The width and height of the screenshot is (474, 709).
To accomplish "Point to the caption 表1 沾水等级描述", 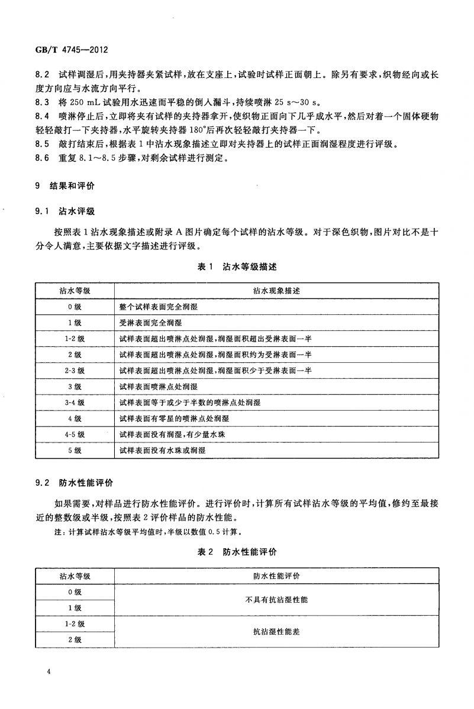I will pos(237,266).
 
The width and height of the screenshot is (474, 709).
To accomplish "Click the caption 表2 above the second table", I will pos(205,552).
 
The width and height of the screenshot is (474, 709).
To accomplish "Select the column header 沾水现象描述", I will pos(276,291).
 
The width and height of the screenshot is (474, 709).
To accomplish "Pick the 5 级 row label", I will pos(75,450).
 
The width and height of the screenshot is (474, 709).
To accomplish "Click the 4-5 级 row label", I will pos(75,434).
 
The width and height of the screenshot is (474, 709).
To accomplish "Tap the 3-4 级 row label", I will pos(75,402).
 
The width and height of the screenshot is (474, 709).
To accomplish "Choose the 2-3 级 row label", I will pos(75,370).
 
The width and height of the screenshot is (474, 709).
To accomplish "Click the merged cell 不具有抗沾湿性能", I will pos(276,600).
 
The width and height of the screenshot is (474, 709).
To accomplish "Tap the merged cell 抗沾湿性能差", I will pos(276,632).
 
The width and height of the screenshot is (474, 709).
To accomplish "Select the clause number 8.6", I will pos(41,158).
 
